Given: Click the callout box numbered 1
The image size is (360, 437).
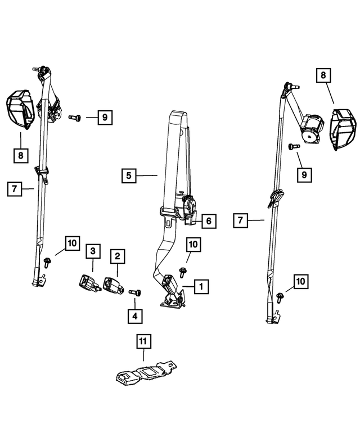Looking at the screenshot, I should point(200,287).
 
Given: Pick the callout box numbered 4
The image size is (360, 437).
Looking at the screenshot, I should point(134,316).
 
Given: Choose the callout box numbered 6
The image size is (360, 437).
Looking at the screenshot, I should point(208,221).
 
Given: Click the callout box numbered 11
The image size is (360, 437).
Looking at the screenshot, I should point(143,341).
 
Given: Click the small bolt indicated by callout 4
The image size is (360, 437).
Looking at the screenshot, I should point(136,292).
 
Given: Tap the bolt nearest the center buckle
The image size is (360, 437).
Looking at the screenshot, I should point(183,273).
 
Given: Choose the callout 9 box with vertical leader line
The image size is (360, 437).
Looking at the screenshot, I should point(304,175).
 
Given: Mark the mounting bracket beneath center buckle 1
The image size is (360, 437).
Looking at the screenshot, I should point(172,303).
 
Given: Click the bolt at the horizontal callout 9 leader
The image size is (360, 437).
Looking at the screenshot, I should point(75,118).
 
